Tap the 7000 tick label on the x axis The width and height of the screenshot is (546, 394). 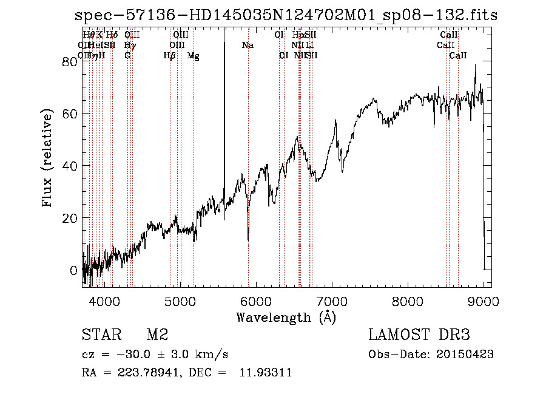332,301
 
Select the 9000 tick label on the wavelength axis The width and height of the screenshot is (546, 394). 484,301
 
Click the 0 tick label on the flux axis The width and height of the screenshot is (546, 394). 73,270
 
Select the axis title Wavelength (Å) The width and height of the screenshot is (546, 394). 286,317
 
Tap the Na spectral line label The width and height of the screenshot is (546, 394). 248,45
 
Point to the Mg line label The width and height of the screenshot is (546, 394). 193,56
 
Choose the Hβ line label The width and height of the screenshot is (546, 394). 169,56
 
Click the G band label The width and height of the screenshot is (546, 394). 127,56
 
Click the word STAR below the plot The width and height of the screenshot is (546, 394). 100,335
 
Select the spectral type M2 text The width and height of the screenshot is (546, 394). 157,335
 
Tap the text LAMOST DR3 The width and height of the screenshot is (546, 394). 419,335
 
